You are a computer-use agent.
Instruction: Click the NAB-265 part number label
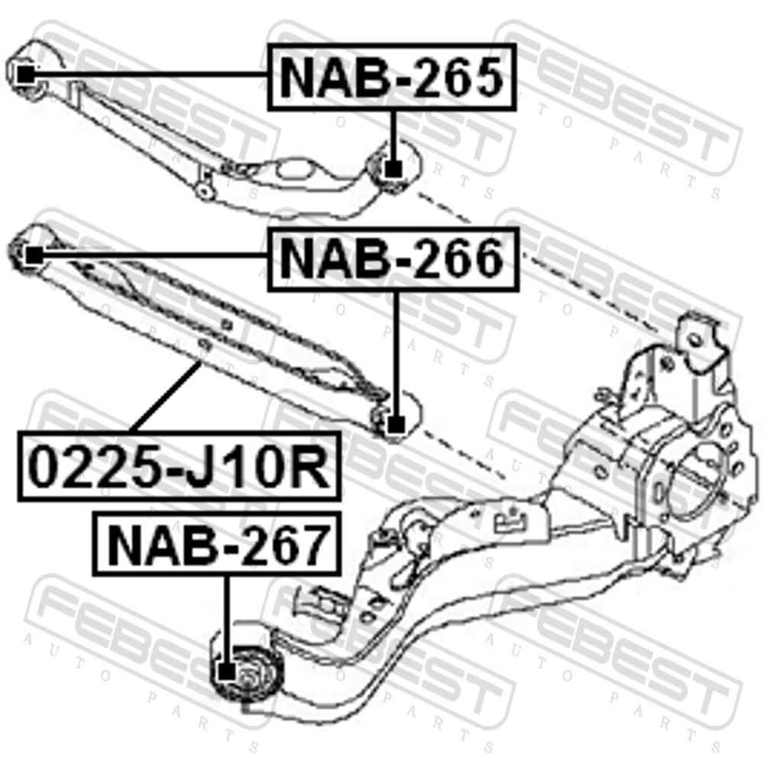point(392,77)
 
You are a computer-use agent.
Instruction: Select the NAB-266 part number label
point(393,259)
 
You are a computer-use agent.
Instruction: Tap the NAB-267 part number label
point(217,543)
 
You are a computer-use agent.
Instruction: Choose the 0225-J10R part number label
point(179,466)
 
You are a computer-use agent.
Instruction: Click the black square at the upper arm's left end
point(25,75)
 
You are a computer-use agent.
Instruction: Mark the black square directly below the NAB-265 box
point(393,169)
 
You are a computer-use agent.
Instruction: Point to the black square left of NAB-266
point(34,255)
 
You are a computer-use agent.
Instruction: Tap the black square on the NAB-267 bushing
point(226,672)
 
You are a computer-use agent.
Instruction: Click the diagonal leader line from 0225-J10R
point(166,396)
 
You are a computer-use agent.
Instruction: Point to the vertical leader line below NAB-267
point(226,620)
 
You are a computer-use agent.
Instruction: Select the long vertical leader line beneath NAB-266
point(396,354)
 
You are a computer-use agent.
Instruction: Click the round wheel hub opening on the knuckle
point(694,479)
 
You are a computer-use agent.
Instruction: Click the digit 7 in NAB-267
point(308,544)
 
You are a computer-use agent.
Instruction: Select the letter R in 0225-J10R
point(310,467)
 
